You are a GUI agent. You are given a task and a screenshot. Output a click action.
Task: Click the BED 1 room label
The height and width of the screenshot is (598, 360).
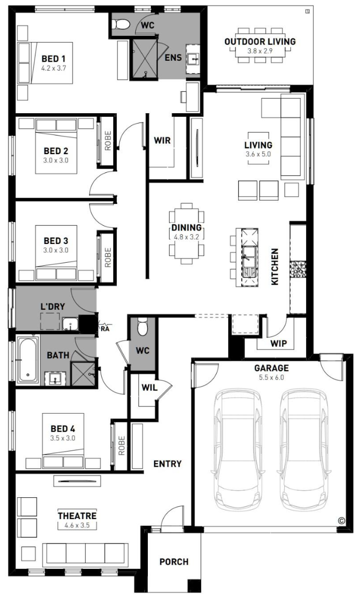coord(53,59)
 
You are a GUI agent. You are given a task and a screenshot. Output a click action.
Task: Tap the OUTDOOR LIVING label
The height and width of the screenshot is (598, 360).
coord(260,42)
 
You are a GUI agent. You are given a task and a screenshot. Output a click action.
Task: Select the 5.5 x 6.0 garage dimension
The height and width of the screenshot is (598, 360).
coord(271,377)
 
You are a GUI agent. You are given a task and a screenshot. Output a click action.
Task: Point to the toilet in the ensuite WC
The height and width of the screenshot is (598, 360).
coord(121,24)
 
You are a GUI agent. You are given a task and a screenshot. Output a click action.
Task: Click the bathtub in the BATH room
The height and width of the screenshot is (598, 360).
coord(28,360)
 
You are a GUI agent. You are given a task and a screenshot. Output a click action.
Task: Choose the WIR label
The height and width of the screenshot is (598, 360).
coord(162,140)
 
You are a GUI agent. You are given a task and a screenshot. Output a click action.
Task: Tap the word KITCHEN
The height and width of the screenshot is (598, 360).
coord(274,267)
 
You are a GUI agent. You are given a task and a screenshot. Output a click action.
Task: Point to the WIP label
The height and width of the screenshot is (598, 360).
coord(279,343)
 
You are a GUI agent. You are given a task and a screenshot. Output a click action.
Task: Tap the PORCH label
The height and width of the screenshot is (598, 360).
coord(174,562)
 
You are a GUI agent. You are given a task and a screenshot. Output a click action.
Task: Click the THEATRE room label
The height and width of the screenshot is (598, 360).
coord(77,515)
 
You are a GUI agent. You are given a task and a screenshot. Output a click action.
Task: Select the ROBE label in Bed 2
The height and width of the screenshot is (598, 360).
coord(108,141)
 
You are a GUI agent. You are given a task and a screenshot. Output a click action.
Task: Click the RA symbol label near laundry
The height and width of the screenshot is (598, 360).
coord(105,329)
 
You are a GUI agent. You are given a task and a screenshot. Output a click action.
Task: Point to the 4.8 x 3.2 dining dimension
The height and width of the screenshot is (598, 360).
coord(186,237)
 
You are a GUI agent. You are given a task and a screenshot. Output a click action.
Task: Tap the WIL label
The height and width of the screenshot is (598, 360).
coord(149,388)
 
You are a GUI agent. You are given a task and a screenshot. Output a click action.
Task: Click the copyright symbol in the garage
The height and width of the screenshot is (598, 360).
coord(341,520)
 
